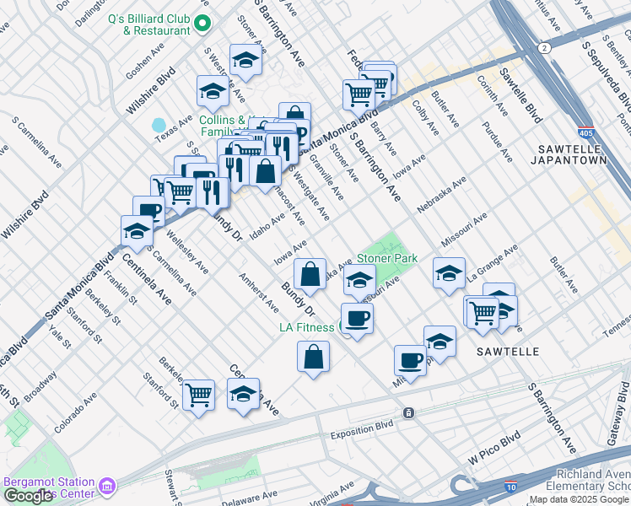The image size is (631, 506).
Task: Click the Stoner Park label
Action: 387,258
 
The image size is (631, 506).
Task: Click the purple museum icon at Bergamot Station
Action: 106,487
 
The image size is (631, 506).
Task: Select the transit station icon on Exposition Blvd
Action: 408,412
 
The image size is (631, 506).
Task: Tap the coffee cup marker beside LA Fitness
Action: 356,318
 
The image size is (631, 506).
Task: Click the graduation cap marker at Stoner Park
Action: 360,280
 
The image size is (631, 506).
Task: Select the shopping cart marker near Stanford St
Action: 198,393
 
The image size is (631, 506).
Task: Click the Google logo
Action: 28,496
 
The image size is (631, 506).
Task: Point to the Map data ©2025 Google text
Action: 578,499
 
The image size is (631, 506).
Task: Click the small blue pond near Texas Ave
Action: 159,126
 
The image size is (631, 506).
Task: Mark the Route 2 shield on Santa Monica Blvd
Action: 546,48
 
